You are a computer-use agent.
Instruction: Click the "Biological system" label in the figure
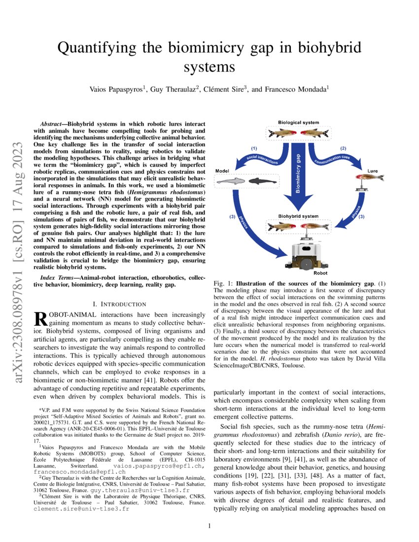click(298, 123)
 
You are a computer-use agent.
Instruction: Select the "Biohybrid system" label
click(298, 216)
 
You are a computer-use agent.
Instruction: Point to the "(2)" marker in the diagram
click(344, 148)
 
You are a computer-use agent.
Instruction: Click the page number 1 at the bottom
click(209, 526)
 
